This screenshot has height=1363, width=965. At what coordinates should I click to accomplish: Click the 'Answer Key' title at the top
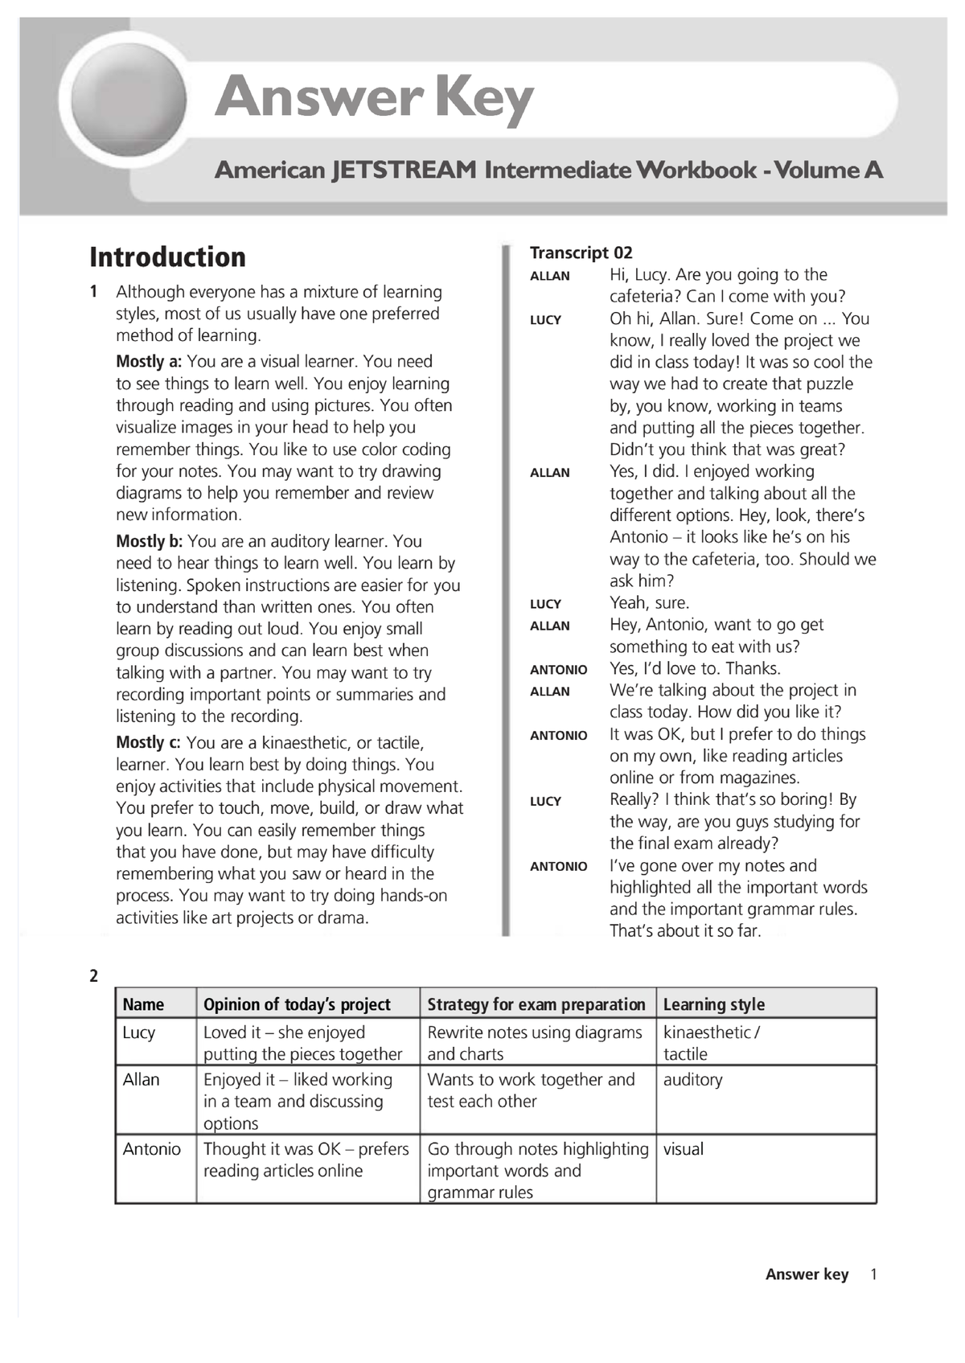374,98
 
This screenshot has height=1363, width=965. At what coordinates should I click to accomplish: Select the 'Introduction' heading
167,257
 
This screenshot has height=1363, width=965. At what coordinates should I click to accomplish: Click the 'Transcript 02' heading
581,252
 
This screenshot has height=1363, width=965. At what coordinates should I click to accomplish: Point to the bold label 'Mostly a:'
149,362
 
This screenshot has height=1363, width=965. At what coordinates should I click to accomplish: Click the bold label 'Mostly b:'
150,542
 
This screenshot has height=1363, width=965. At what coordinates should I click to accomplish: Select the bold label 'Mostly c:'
149,743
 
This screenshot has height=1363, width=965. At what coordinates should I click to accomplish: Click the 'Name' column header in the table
143,1004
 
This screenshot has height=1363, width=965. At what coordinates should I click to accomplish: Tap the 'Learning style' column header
713,1004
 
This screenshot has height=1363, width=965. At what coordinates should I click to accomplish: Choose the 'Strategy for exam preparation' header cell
536,1004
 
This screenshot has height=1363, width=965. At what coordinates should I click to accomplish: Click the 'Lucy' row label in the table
139,1033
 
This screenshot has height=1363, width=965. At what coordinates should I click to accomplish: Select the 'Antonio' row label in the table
151,1149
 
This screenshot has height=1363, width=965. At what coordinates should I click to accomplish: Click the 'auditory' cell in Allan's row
692,1080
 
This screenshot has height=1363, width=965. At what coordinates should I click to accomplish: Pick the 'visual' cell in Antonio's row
683,1149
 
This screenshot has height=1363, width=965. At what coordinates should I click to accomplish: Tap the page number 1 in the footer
874,1275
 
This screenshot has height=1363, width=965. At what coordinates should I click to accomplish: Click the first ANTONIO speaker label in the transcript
558,670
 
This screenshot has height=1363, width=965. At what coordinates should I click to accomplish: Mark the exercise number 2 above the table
94,976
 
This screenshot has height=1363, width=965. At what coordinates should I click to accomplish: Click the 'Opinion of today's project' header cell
297,1004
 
